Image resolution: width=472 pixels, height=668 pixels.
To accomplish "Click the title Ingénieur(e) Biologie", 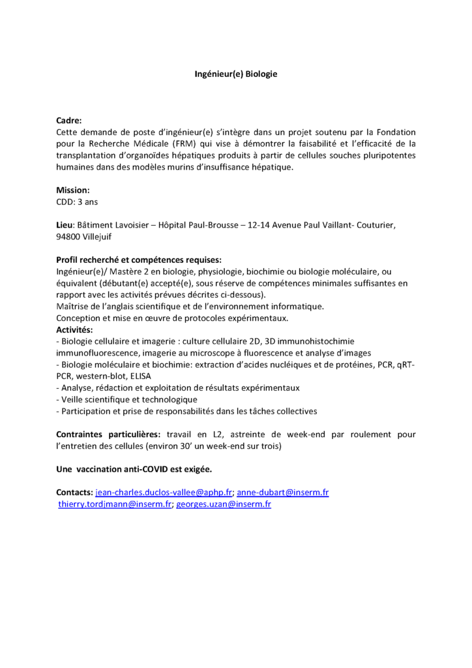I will [236, 74].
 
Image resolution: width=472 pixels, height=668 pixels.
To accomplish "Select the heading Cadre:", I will [69, 121].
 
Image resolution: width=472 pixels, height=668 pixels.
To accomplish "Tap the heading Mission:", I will [73, 190].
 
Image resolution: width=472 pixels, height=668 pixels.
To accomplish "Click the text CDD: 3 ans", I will [77, 202].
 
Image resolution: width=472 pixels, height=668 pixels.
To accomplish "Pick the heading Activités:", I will [74, 329].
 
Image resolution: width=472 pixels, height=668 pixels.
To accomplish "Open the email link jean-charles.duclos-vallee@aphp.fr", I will [164, 493].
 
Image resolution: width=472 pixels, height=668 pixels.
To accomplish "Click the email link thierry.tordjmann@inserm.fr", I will [115, 504].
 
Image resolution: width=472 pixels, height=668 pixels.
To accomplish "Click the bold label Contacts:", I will [74, 493].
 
